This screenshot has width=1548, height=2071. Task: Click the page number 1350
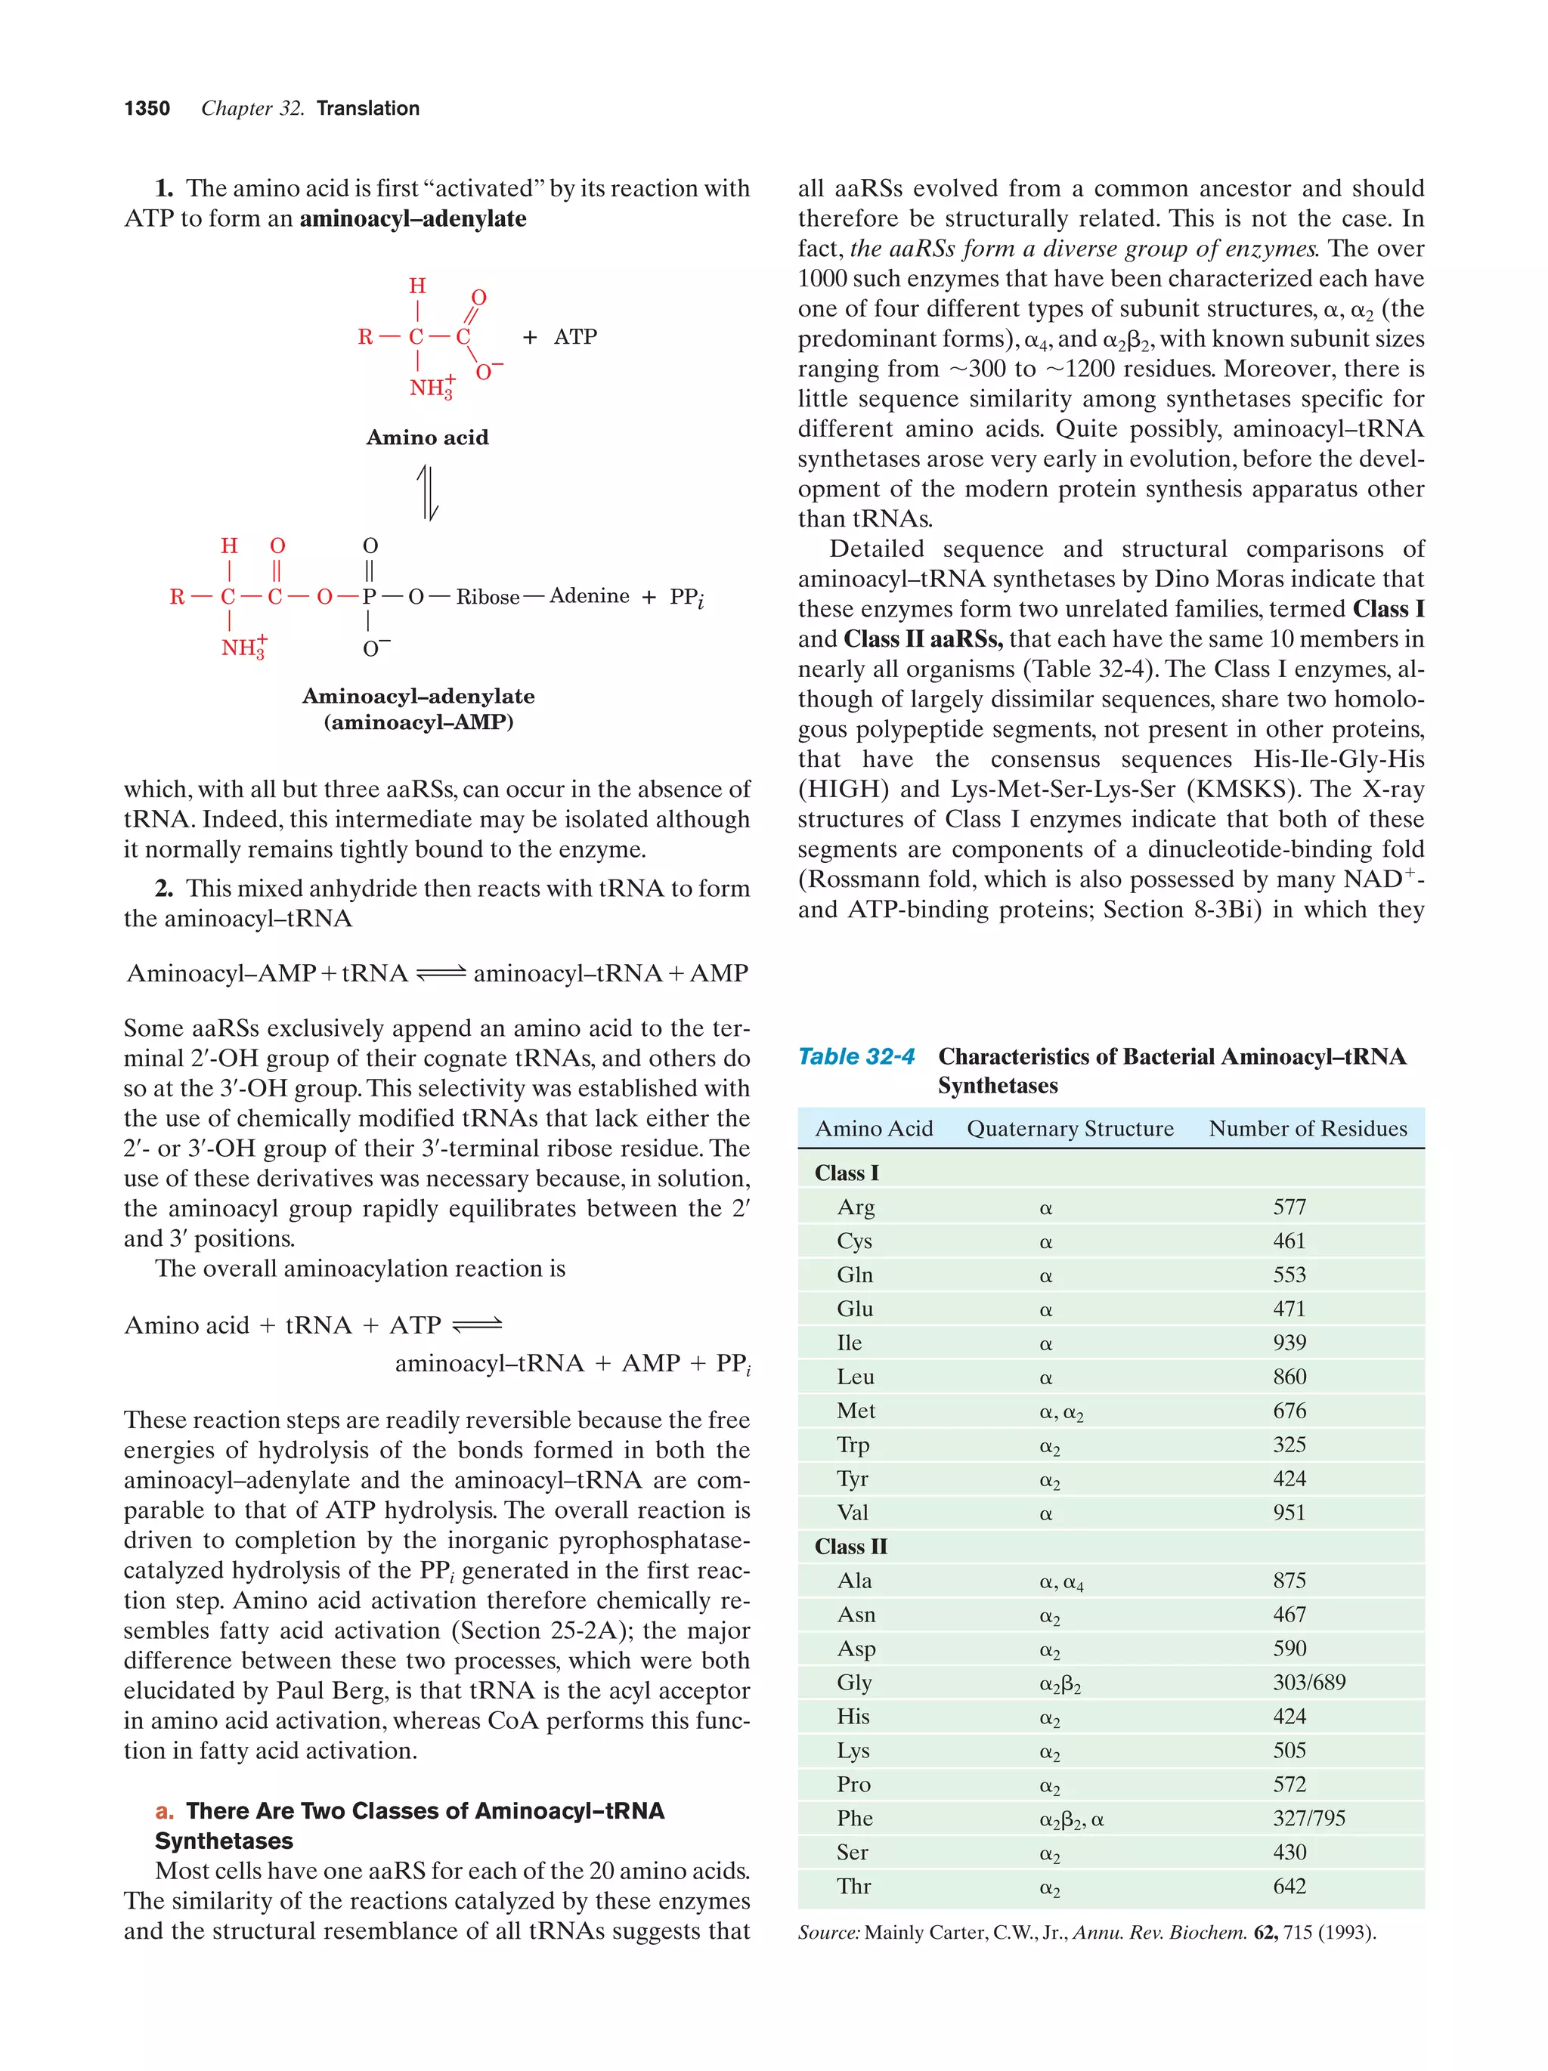pos(147,109)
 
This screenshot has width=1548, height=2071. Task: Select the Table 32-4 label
pos(855,1057)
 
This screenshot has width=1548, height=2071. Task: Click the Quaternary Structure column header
pos(1070,1129)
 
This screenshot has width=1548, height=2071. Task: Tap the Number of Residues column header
pos(1308,1129)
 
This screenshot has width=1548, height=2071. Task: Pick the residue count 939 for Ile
pos(1289,1343)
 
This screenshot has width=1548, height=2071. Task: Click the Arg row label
pos(855,1208)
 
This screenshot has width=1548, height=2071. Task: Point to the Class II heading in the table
pos(850,1547)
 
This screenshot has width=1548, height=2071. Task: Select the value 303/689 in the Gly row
pos(1308,1683)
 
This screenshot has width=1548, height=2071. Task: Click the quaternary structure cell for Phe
pos(1071,1819)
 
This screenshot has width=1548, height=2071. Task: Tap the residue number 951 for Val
pos(1289,1513)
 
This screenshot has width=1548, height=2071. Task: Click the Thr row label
pos(853,1887)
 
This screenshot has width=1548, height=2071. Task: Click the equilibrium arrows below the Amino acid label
pos(427,493)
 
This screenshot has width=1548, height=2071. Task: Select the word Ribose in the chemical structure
pos(487,598)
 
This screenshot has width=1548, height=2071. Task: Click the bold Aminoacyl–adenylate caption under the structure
pos(419,697)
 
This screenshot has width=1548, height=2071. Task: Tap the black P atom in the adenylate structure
pos(369,598)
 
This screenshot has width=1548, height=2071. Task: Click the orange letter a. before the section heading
pos(165,1811)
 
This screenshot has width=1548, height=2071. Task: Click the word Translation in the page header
pos(368,109)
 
